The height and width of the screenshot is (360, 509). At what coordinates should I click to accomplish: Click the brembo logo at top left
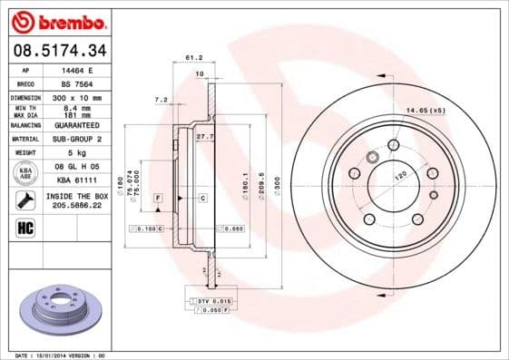point(57,21)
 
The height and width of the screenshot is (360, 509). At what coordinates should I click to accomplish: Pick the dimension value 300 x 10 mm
point(76,96)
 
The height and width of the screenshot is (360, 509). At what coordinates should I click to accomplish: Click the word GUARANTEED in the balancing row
point(76,125)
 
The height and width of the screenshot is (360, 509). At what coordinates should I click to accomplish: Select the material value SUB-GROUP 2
point(76,139)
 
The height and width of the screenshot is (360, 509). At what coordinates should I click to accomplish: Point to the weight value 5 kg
point(76,153)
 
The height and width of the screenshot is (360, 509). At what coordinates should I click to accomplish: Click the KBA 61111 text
point(76,180)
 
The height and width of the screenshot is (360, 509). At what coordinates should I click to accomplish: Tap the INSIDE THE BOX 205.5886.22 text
point(76,200)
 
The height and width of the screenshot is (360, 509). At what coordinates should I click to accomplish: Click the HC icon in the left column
point(24,228)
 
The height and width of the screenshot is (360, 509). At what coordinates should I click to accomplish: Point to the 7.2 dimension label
point(162,99)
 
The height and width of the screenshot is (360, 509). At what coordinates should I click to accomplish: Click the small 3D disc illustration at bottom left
point(55,311)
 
